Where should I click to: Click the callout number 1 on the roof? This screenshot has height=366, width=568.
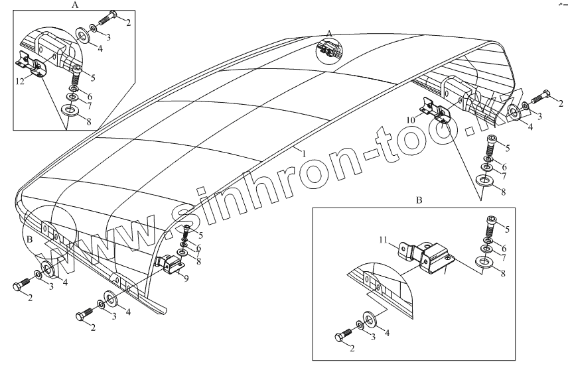click(304, 153)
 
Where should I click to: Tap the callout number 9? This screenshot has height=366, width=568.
click(187, 278)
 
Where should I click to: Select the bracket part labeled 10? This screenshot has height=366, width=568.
click(432, 109)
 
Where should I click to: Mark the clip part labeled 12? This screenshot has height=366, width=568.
click(30, 65)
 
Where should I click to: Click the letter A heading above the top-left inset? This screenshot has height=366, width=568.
click(74, 4)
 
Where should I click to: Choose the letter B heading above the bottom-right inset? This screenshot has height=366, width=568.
click(419, 199)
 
